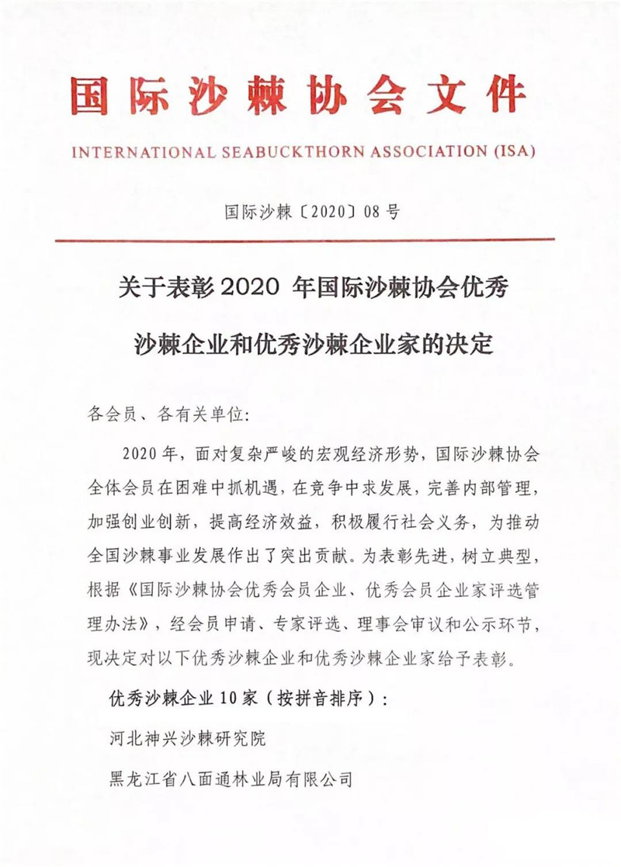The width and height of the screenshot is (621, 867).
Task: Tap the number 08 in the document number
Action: [x=373, y=211]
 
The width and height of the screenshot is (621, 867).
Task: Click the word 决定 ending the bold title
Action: [x=476, y=343]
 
